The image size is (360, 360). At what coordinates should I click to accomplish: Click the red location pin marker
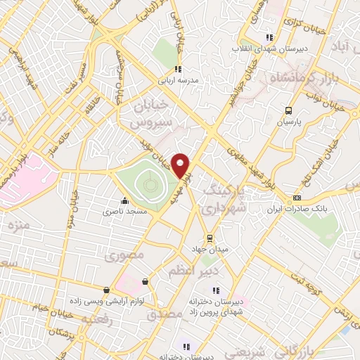[x=181, y=165]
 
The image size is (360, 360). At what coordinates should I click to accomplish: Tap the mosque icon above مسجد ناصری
[x=124, y=200]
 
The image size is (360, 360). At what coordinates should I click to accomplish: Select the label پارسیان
[x=288, y=122]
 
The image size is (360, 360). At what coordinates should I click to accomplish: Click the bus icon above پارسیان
[x=288, y=110]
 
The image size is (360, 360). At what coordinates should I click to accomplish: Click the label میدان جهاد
[x=207, y=248]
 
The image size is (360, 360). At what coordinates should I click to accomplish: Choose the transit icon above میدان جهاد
[x=207, y=237]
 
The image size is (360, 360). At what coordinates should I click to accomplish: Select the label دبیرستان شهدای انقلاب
[x=268, y=49]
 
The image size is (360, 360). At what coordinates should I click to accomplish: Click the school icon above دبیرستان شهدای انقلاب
[x=268, y=38]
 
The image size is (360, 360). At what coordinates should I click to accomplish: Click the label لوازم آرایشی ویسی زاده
[x=106, y=300]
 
